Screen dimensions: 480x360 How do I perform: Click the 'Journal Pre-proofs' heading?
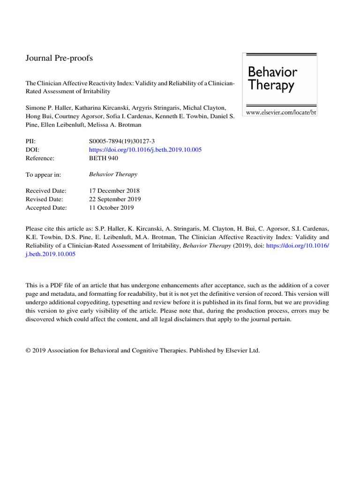click(x=59, y=58)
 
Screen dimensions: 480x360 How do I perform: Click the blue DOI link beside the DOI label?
click(x=145, y=150)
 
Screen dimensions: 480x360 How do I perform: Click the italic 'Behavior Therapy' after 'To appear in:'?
click(x=113, y=175)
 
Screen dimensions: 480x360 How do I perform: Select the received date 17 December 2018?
click(x=114, y=191)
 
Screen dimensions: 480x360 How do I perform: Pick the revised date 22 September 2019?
click(x=114, y=199)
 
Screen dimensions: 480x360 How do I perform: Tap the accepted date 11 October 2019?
click(x=111, y=208)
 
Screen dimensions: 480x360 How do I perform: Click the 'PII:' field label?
click(x=30, y=141)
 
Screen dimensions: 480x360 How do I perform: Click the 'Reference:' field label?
click(x=40, y=158)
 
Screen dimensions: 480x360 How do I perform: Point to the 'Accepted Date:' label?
click(x=46, y=208)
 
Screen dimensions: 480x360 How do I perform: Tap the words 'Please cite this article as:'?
click(x=60, y=229)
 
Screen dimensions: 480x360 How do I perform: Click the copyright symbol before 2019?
click(x=28, y=350)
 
